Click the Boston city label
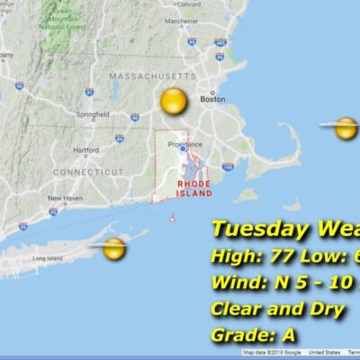pos(213,99)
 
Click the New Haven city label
pos(65,198)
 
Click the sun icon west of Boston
pos(173,101)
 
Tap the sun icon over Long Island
pos(113,249)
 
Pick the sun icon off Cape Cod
pos(346,129)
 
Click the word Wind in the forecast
pos(232,283)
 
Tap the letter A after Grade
pos(290,336)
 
